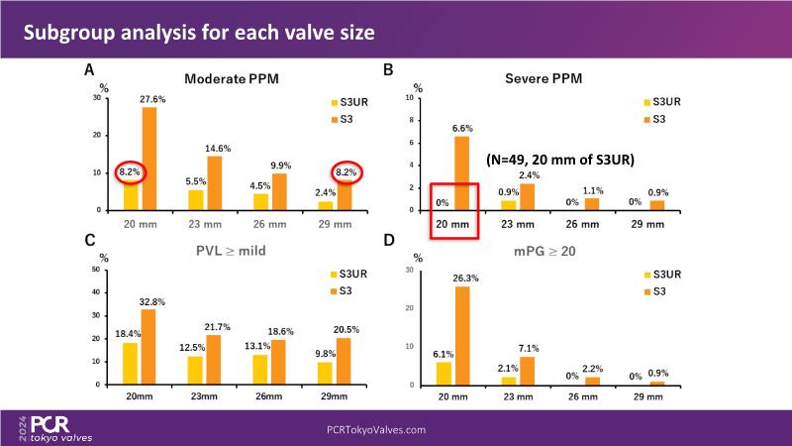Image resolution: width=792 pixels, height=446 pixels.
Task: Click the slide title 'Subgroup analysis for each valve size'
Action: (x=198, y=33)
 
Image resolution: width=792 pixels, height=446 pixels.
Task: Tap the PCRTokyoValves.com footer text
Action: (x=376, y=430)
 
